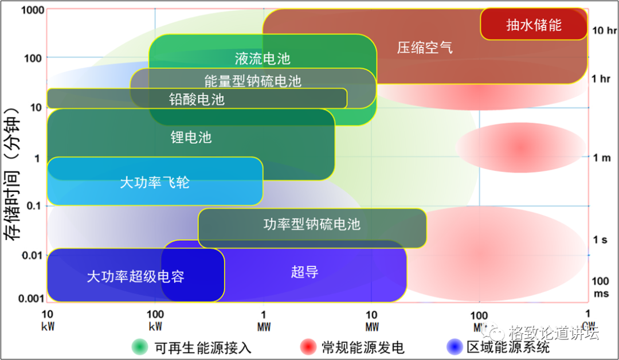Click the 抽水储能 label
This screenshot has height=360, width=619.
534,25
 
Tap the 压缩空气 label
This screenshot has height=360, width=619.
425,47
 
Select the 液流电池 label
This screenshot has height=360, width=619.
263,58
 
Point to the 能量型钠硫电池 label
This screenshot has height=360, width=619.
253,80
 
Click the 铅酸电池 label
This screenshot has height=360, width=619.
197,99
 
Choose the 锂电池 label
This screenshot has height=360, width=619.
191,137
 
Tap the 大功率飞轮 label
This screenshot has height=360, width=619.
154,182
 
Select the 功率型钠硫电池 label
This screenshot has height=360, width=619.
312,224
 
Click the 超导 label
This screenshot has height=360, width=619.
304,272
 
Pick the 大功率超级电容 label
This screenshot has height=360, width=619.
135,276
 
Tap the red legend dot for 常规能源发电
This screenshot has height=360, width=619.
308,347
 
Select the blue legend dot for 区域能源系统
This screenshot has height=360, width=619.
454,347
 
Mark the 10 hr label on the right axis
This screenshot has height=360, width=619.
604,30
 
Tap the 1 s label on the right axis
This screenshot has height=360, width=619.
600,240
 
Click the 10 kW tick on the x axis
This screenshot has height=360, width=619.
48,319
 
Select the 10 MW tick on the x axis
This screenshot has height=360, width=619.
371,319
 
